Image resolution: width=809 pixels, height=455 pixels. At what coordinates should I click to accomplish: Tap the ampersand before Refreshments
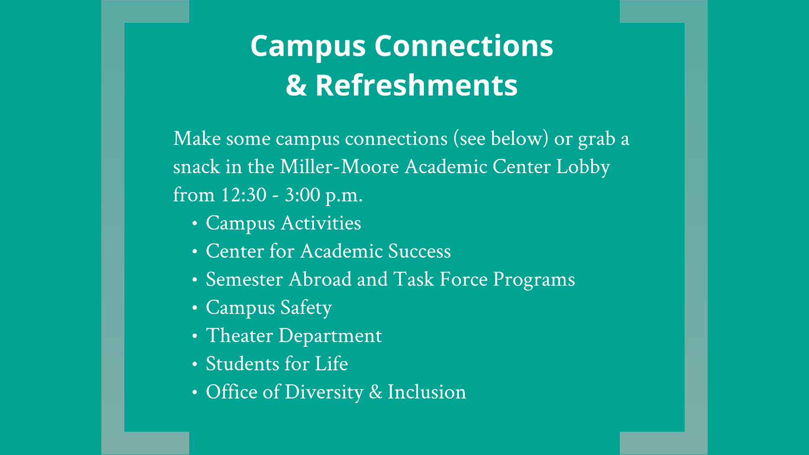296,85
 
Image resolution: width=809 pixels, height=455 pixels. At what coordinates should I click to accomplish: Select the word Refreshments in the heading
416,85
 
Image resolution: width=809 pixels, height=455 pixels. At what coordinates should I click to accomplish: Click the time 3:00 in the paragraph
302,195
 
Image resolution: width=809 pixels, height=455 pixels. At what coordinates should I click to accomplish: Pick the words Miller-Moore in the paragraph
339,167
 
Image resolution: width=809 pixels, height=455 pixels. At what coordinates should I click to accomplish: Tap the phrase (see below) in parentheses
501,139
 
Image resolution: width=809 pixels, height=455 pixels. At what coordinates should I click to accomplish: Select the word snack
196,167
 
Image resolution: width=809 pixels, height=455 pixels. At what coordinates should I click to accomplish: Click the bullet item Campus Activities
283,224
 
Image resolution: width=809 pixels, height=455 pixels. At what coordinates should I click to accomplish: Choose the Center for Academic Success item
328,252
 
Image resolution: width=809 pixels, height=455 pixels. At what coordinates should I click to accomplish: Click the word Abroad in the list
320,279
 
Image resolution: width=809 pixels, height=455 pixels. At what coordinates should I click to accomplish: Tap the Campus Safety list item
269,308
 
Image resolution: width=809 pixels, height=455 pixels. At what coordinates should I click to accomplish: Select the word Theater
240,336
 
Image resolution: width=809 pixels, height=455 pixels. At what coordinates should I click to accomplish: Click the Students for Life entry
277,364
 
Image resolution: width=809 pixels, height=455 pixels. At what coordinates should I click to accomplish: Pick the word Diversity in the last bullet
324,393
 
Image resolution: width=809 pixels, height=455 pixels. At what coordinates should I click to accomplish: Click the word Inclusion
427,392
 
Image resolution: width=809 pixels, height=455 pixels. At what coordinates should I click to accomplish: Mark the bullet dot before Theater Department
195,336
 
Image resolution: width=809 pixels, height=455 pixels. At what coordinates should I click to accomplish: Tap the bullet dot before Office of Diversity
195,393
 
